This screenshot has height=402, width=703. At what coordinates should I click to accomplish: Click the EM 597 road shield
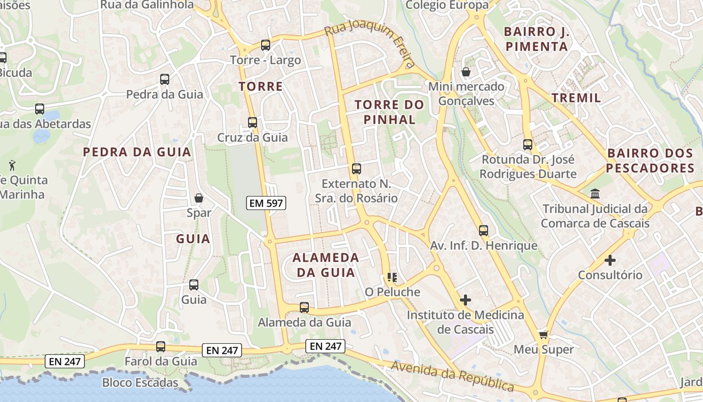point(266,203)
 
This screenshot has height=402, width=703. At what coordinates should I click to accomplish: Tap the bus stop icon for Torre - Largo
point(266,45)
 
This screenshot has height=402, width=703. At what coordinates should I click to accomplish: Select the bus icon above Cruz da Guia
point(253,122)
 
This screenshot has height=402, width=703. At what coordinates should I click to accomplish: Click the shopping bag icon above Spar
point(199,198)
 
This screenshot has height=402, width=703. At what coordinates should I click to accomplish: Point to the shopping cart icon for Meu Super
point(543,335)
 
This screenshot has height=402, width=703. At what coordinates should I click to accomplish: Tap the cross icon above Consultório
point(610,260)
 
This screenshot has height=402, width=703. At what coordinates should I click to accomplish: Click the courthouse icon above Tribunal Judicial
point(596,193)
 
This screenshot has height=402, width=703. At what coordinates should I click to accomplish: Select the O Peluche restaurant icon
point(392,277)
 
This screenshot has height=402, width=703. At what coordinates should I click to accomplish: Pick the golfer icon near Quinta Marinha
point(12,164)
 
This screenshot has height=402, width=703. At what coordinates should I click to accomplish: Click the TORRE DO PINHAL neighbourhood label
point(390,112)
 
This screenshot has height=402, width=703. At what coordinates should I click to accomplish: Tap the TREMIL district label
point(576,98)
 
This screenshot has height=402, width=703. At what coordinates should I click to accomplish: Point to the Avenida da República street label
point(452,376)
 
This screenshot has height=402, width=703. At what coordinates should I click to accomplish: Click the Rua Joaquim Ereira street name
point(372,46)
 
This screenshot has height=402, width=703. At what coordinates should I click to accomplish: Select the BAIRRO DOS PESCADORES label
point(650,160)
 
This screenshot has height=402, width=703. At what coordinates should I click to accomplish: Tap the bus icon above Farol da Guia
point(161,346)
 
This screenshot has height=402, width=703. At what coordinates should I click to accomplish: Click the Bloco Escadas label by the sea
point(140,383)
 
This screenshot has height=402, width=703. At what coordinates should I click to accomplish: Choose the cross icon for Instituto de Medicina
point(465,300)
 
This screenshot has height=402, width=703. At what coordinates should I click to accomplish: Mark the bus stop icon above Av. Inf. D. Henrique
point(484,231)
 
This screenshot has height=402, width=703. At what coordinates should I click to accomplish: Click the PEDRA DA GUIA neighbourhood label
point(137,152)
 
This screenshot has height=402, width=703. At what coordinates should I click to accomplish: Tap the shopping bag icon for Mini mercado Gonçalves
point(466,72)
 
